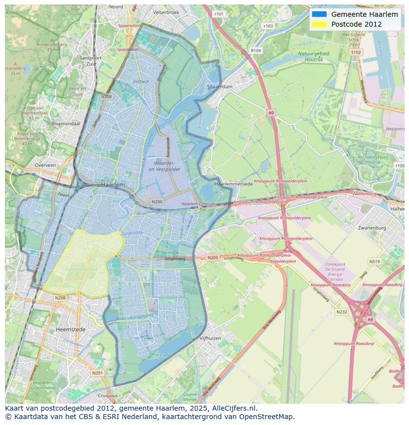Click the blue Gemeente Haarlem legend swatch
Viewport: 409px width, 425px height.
(x=319, y=14)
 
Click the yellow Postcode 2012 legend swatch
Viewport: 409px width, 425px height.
(x=319, y=24)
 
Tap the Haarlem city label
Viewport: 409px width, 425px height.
(x=113, y=184)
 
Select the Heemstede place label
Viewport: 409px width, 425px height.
(x=71, y=329)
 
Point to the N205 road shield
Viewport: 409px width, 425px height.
(x=212, y=258)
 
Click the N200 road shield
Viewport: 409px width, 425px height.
(x=157, y=202)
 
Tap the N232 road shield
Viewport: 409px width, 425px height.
(x=341, y=312)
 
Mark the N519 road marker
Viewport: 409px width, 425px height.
(x=374, y=262)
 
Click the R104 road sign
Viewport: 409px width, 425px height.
(x=255, y=50)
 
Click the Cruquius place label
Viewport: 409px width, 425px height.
(x=108, y=395)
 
